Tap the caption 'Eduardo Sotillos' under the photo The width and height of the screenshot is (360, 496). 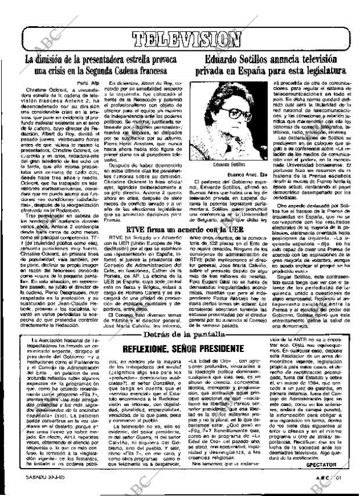[x=223, y=148]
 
